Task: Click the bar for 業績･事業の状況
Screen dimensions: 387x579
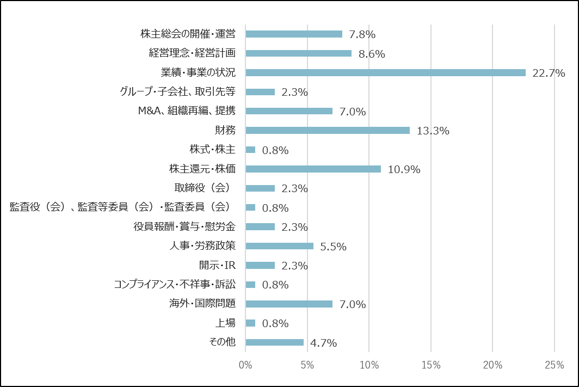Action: pyautogui.click(x=385, y=72)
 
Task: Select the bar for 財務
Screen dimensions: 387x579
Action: pyautogui.click(x=328, y=130)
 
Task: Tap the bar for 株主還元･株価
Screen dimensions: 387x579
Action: pyautogui.click(x=313, y=169)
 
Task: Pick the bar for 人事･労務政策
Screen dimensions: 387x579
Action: pyautogui.click(x=279, y=246)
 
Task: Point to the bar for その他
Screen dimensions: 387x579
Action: pyautogui.click(x=274, y=342)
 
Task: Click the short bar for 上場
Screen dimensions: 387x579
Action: pyautogui.click(x=250, y=323)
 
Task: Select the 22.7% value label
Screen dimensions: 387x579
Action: pyautogui.click(x=549, y=73)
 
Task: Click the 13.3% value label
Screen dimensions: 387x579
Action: pyautogui.click(x=433, y=131)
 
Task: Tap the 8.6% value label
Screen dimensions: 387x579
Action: pyautogui.click(x=372, y=54)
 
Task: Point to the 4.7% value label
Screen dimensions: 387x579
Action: pyautogui.click(x=323, y=343)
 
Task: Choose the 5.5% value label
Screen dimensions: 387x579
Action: pyautogui.click(x=333, y=247)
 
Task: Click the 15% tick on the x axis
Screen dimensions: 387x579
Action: pyautogui.click(x=430, y=365)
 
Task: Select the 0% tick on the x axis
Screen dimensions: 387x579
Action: pyautogui.click(x=245, y=365)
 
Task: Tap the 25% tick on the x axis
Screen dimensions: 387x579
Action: pyautogui.click(x=554, y=365)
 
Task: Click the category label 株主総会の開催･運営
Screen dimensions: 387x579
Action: pyautogui.click(x=188, y=34)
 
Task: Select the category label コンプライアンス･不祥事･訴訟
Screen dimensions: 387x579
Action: pyautogui.click(x=175, y=285)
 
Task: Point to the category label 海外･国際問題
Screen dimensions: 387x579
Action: pyautogui.click(x=202, y=304)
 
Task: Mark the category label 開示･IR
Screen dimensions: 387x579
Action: pyautogui.click(x=217, y=265)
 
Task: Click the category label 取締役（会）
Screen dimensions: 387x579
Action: pyautogui.click(x=202, y=188)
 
